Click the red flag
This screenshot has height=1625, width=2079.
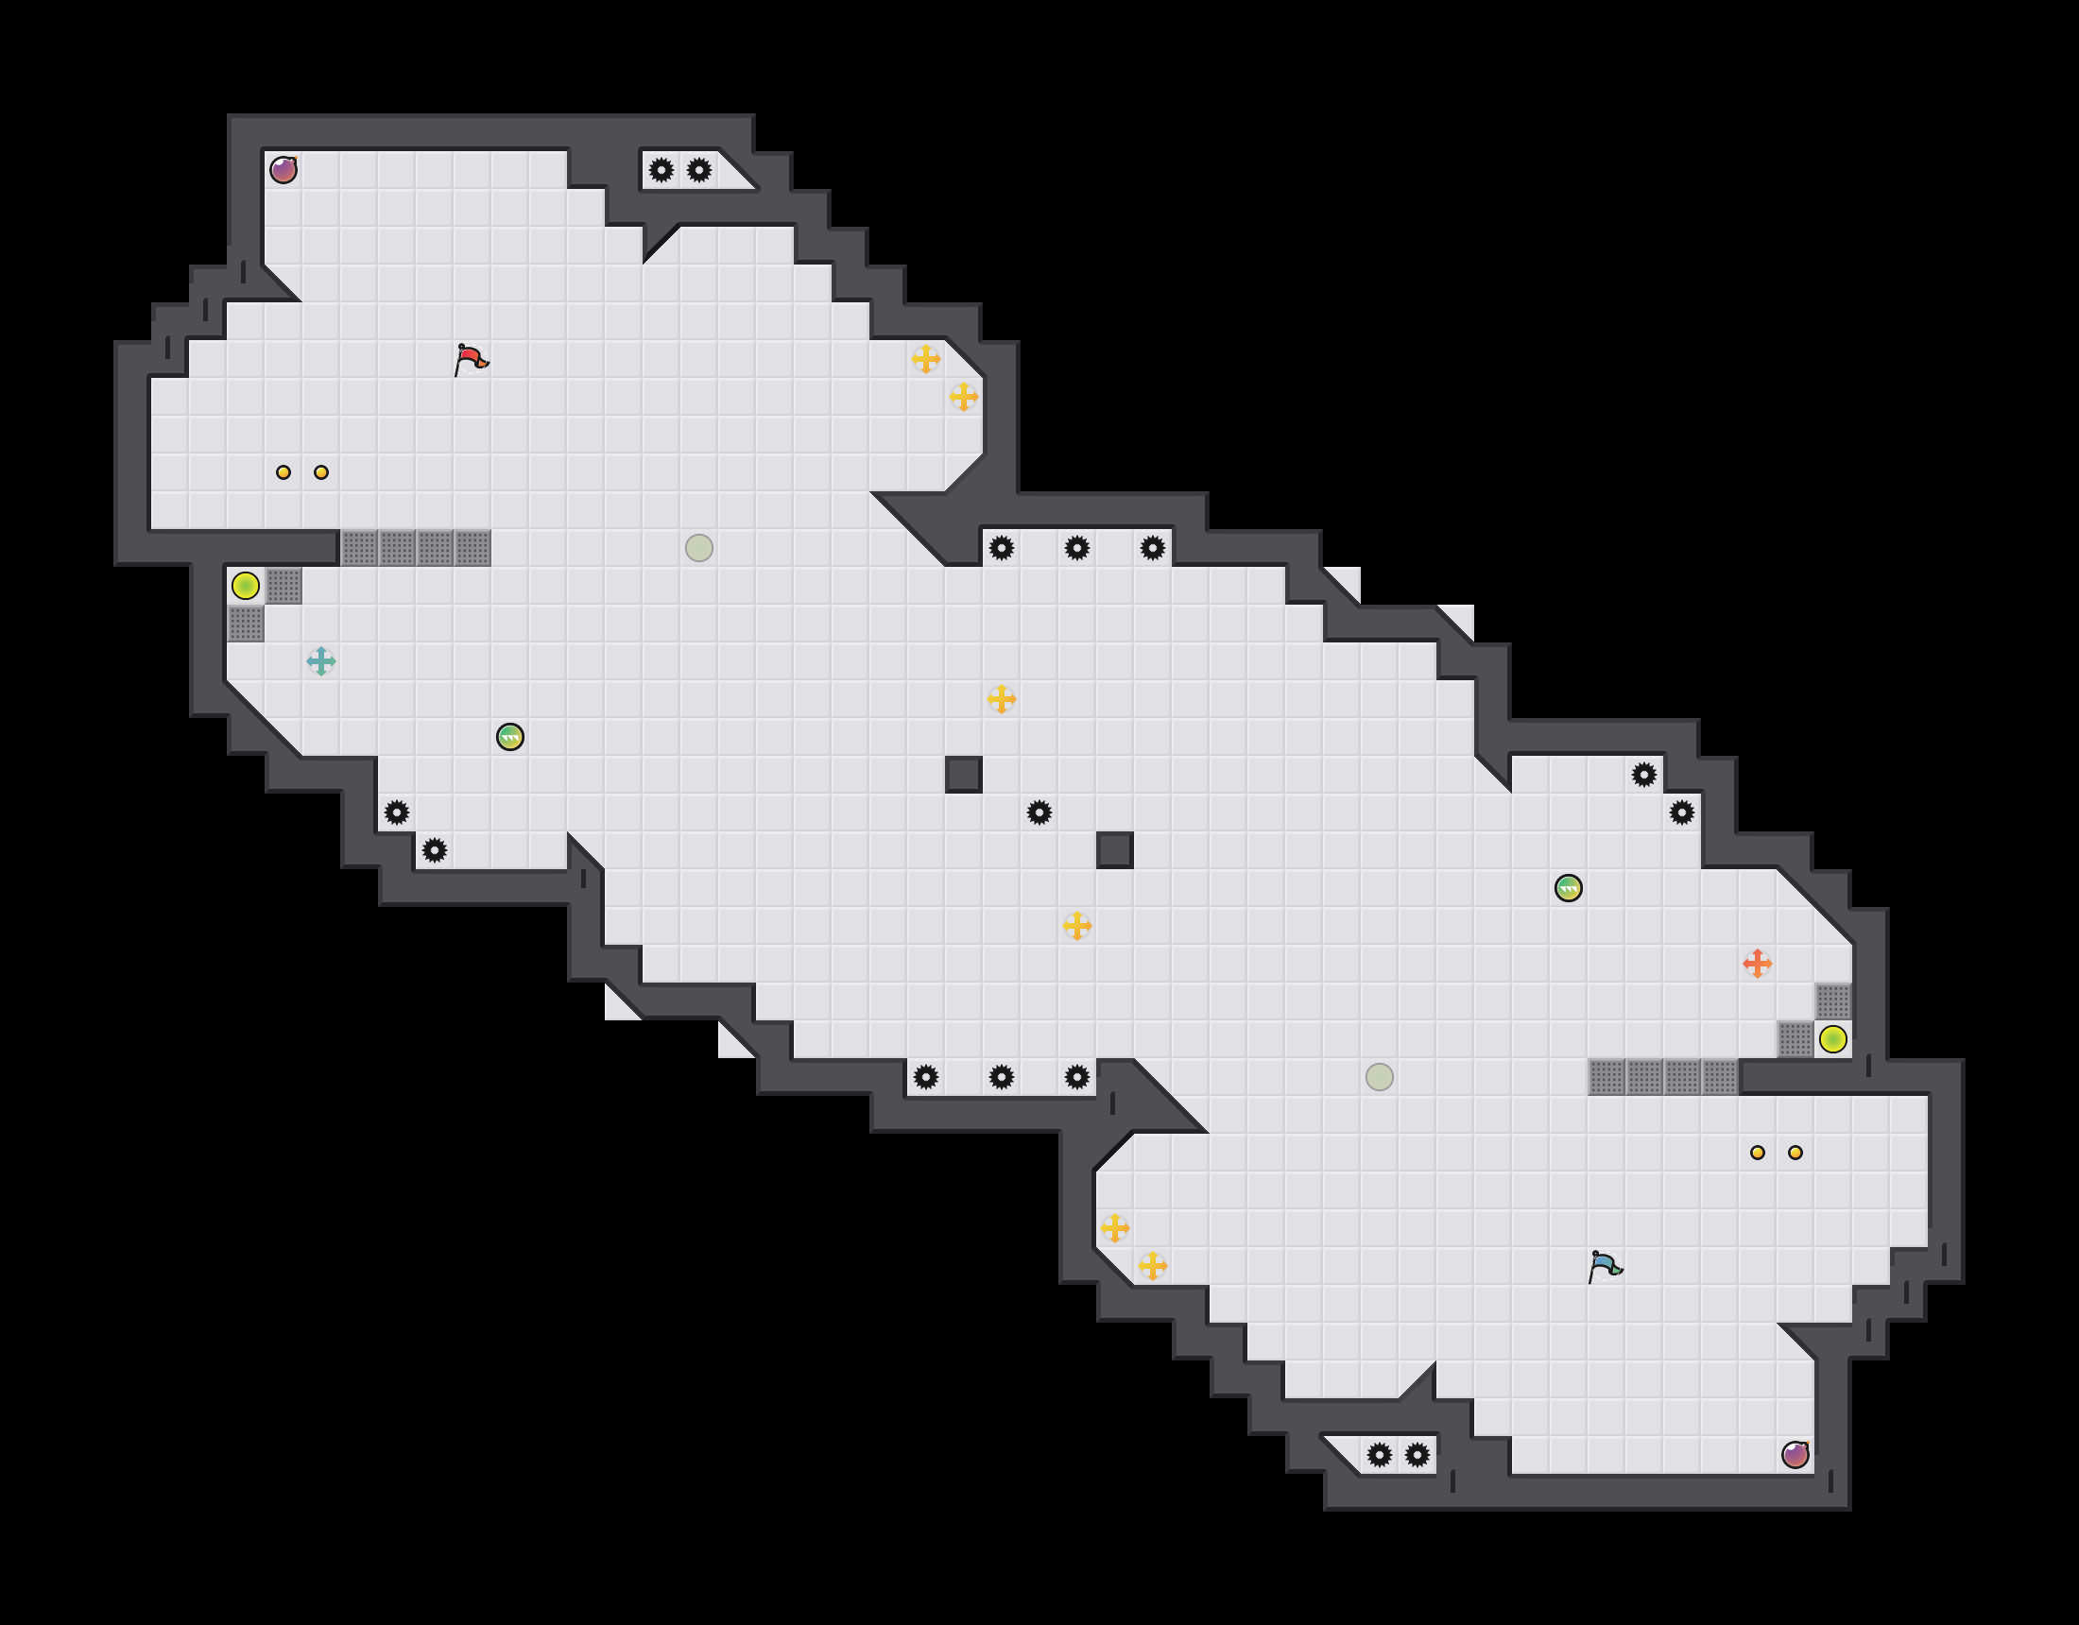(471, 360)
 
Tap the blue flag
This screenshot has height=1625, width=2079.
(1605, 1267)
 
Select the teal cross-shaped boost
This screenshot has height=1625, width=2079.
(320, 660)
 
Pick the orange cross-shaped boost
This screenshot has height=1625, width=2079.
(1758, 964)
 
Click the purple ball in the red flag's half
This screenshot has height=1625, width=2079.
(283, 170)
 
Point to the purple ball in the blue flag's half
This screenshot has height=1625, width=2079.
(1795, 1455)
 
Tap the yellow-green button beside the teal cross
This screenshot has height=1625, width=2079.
(246, 586)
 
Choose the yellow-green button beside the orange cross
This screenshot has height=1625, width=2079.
(1833, 1039)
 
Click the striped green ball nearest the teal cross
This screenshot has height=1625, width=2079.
(510, 737)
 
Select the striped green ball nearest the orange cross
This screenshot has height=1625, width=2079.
(1569, 888)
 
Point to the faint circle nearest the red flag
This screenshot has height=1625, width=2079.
(699, 547)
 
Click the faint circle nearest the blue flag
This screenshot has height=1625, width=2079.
(1380, 1077)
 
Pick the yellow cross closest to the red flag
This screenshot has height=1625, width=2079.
(926, 359)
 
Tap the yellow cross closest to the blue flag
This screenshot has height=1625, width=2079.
(1153, 1266)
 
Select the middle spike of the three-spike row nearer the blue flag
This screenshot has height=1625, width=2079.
(1002, 1077)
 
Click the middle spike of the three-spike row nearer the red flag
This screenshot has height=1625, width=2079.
(1077, 547)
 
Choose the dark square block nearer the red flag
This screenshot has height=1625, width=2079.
(963, 775)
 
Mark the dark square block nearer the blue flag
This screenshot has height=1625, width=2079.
(1115, 850)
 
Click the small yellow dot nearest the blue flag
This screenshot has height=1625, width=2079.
(1758, 1153)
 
